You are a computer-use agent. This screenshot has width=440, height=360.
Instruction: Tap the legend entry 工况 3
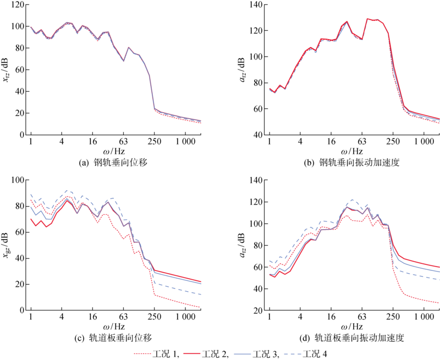pos(275,354)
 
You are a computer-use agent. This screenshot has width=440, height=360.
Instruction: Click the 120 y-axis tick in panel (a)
pos(17,4)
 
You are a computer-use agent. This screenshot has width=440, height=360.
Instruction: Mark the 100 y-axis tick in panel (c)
pos(17,180)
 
